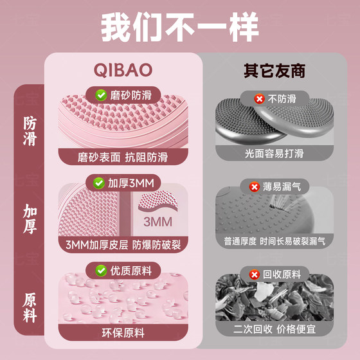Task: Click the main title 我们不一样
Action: point(180,27)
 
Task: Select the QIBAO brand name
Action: point(123,70)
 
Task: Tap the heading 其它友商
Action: point(274,71)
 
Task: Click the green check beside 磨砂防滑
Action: point(101,95)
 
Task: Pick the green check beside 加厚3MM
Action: point(99,183)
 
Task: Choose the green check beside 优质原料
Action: point(101,271)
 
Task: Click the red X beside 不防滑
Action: point(260,99)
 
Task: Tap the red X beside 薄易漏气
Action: point(255,187)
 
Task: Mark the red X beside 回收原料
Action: point(255,274)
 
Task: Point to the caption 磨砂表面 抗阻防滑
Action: point(123,157)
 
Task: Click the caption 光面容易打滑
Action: point(274,154)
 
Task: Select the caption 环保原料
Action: point(123,333)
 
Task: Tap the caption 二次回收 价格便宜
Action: point(274,329)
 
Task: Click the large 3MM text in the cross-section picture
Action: point(158,222)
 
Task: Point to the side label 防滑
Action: point(30,130)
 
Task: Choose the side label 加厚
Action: point(30,219)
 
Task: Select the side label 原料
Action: point(30,307)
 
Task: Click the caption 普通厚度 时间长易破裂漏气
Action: point(274,241)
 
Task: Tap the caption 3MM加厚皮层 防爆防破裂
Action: point(123,245)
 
